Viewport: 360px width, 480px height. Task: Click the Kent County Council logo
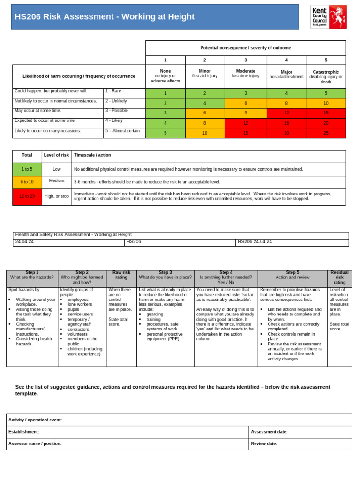329,17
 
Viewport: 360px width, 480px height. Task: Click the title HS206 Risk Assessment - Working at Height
105,17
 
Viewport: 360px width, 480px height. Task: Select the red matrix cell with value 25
326,133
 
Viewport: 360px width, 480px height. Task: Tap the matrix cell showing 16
286,123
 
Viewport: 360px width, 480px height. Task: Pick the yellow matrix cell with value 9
245,113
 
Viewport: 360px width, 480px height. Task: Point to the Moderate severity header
245,74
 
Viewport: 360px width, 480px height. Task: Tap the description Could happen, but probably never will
52,91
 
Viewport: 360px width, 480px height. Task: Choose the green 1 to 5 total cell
27,169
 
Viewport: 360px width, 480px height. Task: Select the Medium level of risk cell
56,180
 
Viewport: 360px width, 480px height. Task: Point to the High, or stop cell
56,197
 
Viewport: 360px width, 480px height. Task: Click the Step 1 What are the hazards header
32,275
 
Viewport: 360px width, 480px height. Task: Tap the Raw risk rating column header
121,275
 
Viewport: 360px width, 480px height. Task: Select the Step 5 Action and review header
292,275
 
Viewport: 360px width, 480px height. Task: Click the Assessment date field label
269,432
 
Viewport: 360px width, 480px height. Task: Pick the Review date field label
264,443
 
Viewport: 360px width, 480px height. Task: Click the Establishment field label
24,432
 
